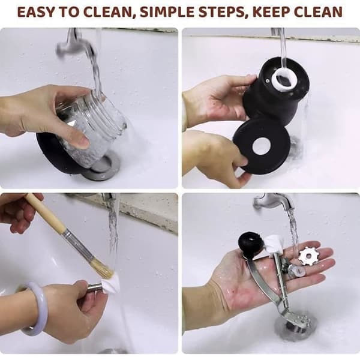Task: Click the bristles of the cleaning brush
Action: point(104,268)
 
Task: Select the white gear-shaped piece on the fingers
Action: point(308,257)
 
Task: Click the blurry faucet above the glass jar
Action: point(73,44)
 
